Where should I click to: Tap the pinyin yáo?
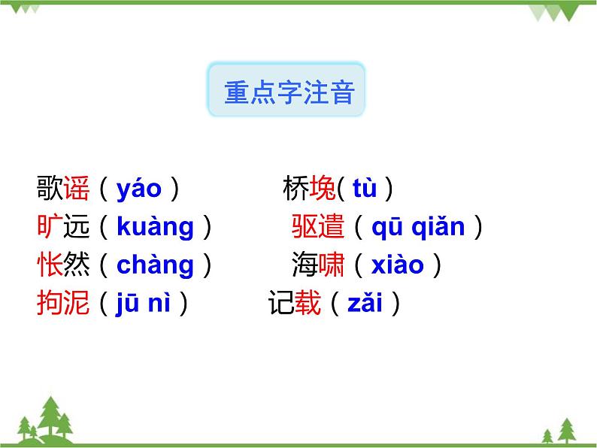click(139, 189)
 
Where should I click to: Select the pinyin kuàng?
click(156, 227)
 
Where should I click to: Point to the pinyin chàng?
click(156, 265)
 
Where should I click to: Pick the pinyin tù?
click(365, 189)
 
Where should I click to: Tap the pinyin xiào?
click(398, 265)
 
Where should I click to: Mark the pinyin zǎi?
click(365, 304)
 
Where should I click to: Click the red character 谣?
click(77, 189)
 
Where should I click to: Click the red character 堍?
click(323, 189)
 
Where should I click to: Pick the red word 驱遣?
click(318, 227)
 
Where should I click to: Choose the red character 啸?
click(332, 265)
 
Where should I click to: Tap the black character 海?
click(305, 265)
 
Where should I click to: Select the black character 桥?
click(295, 189)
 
